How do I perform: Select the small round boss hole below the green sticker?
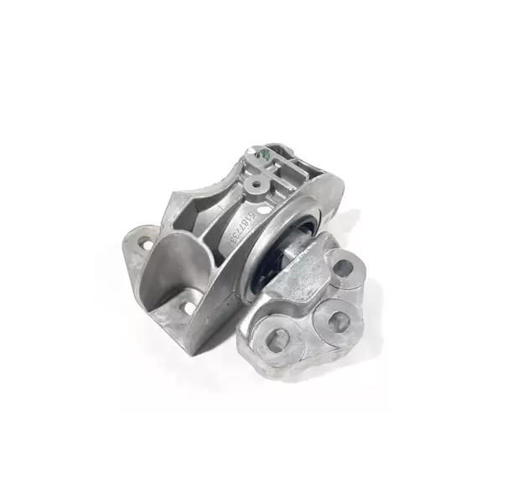click(256, 181)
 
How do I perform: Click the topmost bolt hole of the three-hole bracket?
click(343, 268)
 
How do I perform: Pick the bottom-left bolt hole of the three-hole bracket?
click(278, 338)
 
